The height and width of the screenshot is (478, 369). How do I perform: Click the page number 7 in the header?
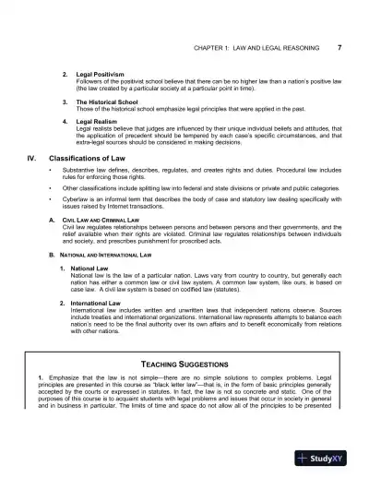(340, 47)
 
